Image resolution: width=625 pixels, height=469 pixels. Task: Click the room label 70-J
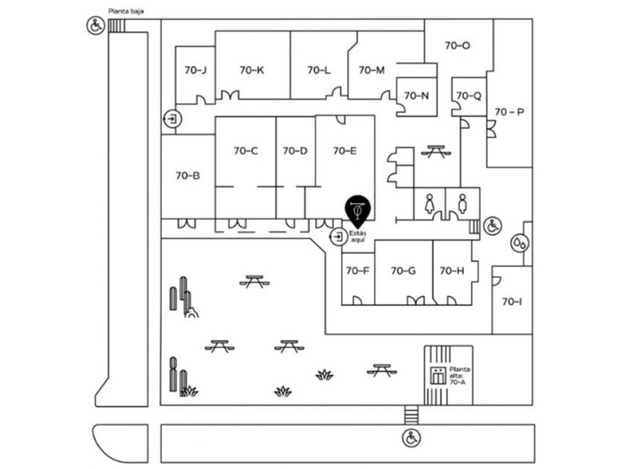[194, 70]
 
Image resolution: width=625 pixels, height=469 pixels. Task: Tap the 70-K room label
[252, 70]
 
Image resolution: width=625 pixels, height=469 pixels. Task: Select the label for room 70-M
[371, 70]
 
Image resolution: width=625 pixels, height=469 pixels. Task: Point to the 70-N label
[416, 95]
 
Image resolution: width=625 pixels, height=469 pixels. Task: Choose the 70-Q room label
[469, 95]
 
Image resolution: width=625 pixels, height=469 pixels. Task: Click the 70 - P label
[510, 112]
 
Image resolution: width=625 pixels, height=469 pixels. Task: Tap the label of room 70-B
[187, 176]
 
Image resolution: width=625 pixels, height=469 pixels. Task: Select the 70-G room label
[403, 270]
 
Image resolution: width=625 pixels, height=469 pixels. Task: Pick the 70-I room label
[512, 301]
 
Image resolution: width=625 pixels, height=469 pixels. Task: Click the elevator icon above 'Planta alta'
[437, 374]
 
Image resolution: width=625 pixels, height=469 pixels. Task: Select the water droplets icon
[519, 243]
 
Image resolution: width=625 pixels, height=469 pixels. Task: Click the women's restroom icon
[429, 203]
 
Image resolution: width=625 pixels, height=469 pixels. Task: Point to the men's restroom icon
[462, 203]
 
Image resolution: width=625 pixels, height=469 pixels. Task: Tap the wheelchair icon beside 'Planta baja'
[95, 27]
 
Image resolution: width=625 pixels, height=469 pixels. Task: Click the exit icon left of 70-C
[173, 118]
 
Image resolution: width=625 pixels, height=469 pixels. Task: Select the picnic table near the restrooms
[435, 151]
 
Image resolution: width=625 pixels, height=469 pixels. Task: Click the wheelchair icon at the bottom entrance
[411, 438]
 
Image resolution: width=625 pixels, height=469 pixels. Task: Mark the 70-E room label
[344, 150]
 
